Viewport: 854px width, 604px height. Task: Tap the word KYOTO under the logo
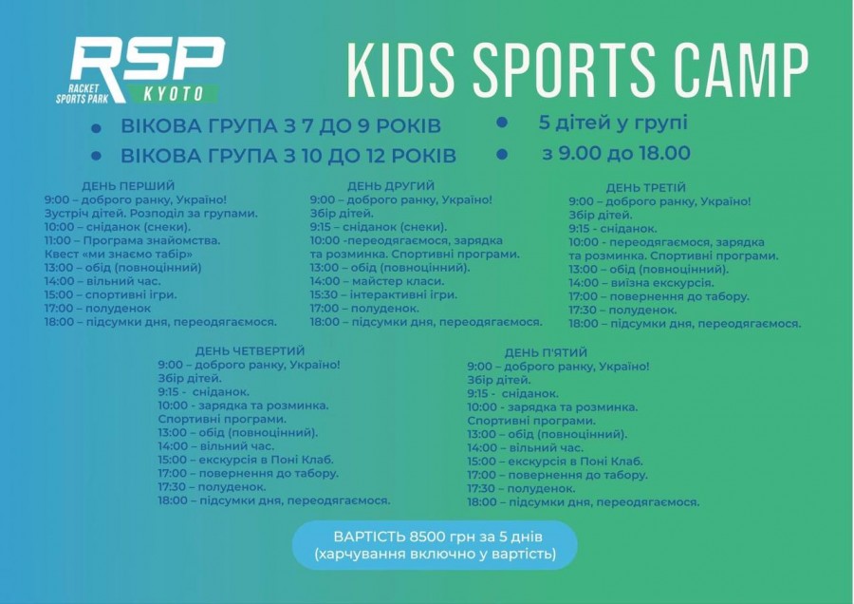coord(174,94)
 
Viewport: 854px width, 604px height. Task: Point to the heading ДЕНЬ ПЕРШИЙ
coord(128,186)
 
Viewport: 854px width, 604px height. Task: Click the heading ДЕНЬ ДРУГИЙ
coord(391,186)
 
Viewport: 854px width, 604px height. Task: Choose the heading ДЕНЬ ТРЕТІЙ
coord(646,187)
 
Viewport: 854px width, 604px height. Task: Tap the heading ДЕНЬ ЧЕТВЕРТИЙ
coord(250,350)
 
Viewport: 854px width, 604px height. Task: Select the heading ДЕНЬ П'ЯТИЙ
coord(546,352)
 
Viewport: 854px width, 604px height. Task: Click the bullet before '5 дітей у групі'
coord(502,123)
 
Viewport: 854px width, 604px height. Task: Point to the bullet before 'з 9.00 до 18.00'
coord(502,154)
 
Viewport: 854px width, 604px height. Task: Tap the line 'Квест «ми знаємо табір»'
coord(119,254)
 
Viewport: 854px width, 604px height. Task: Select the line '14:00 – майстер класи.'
coord(378,281)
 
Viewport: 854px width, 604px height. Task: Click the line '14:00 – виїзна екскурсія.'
coord(641,283)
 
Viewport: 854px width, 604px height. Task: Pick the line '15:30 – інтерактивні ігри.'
coord(384,295)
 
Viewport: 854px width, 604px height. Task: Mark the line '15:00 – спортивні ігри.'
coord(111,295)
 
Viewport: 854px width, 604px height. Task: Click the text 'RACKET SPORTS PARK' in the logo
coord(83,94)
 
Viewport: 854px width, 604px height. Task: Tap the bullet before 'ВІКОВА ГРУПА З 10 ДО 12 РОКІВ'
coord(97,156)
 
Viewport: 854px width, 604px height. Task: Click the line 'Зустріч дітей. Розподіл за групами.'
coord(152,213)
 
